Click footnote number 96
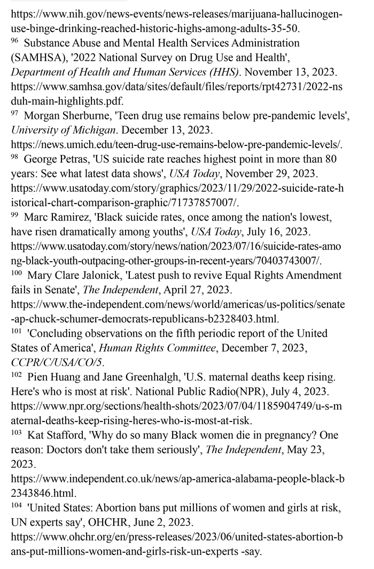(15, 41)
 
